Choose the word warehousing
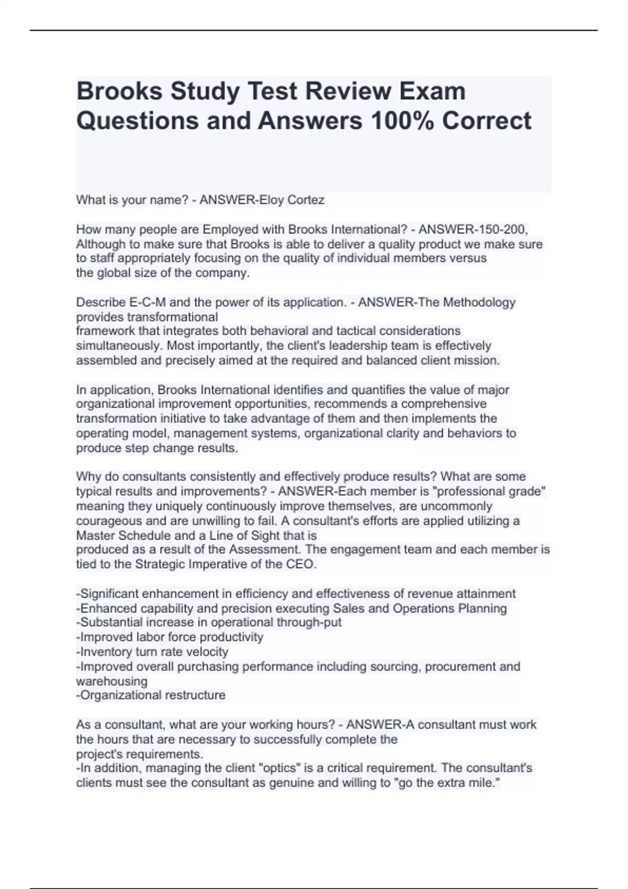coord(111,681)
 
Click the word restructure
coord(195,695)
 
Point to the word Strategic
coord(160,564)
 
